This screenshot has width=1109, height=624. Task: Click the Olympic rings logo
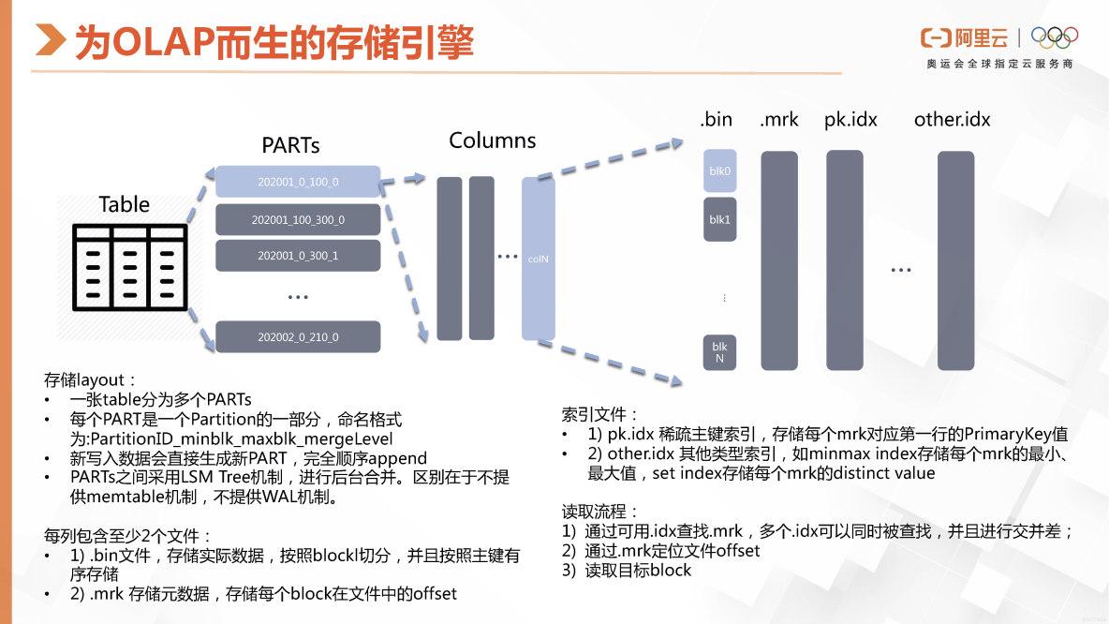click(1054, 37)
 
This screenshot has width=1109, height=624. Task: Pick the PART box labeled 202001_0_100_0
click(298, 182)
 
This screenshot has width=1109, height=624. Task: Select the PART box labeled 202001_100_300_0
click(298, 220)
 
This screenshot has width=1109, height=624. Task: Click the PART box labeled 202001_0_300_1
click(298, 256)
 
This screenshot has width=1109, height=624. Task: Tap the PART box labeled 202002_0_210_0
click(298, 337)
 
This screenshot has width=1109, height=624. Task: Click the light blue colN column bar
click(538, 259)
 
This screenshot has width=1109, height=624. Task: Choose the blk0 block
click(719, 171)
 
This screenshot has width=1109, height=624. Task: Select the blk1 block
click(719, 219)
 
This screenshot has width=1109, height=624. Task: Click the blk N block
click(719, 352)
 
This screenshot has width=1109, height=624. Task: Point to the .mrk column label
click(779, 120)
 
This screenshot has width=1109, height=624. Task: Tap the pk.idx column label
click(850, 120)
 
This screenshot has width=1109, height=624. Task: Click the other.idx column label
click(952, 120)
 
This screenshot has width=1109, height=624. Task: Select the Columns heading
click(493, 141)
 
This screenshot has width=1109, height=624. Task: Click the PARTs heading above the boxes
click(290, 146)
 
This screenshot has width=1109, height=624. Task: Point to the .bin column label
click(716, 120)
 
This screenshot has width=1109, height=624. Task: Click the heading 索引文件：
click(600, 414)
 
